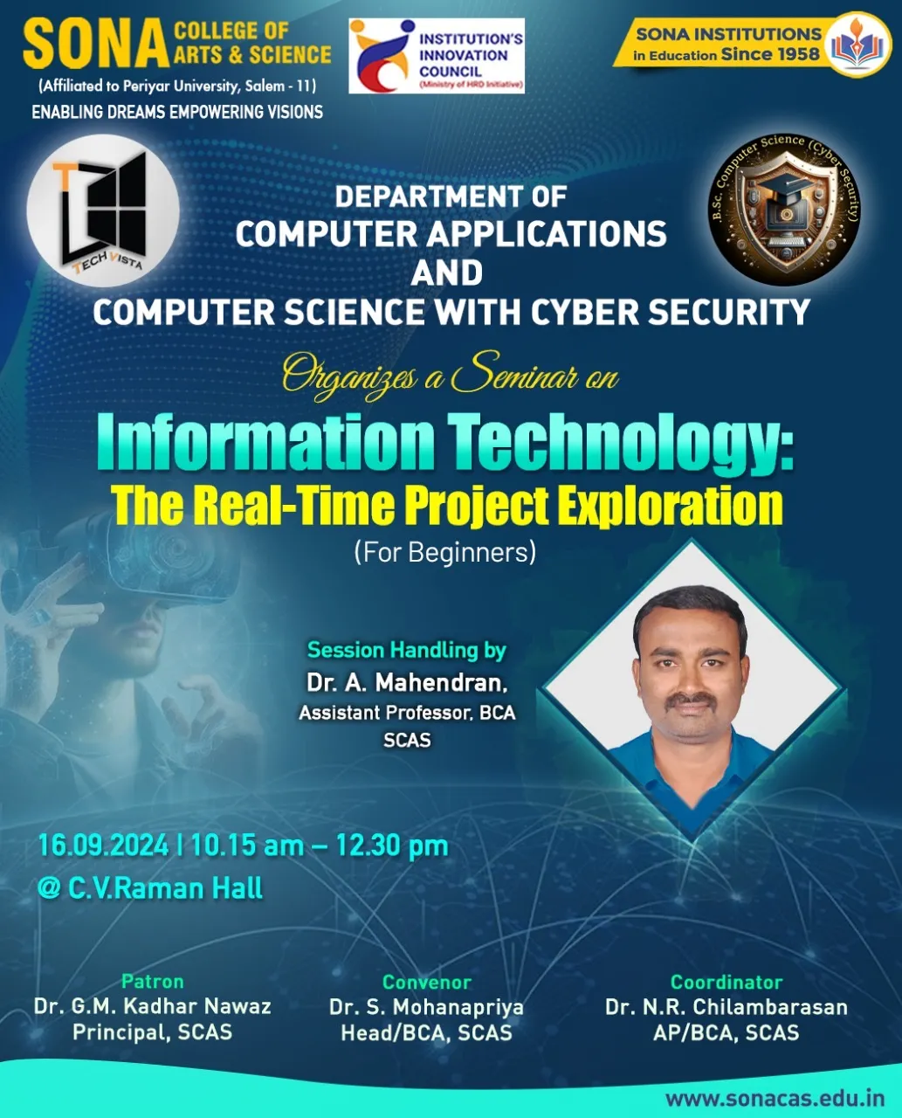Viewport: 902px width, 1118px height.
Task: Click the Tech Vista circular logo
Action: pos(103,210)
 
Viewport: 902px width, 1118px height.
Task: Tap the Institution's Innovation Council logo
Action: pos(437,56)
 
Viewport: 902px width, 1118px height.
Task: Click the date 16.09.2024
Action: pos(103,845)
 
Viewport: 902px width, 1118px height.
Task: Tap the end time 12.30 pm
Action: pos(392,846)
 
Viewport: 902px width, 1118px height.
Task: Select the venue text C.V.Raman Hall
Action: pos(165,888)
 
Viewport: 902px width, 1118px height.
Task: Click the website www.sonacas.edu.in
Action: pos(775,1098)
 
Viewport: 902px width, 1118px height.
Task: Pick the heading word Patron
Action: pos(153,981)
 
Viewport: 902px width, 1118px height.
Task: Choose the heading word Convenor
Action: pos(427,982)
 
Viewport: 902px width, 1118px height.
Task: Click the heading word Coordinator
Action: pos(726,982)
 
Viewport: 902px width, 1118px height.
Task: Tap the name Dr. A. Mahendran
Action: pos(407,683)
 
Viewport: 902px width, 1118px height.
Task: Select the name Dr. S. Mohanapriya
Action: pos(426,1007)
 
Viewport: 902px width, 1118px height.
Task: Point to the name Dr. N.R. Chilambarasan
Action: pos(726,1007)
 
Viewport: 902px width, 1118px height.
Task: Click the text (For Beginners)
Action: pos(445,553)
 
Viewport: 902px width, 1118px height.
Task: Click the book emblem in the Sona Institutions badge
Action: pos(857,45)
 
